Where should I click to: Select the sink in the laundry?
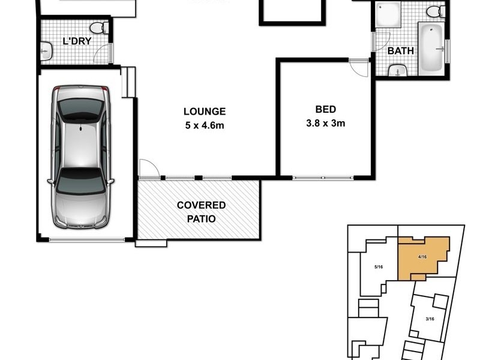pyautogui.click(x=46, y=52)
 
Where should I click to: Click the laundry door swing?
pyautogui.click(x=106, y=53)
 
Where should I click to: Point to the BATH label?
pyautogui.click(x=400, y=50)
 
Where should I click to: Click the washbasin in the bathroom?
pyautogui.click(x=397, y=71)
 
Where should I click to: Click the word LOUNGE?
pyautogui.click(x=205, y=112)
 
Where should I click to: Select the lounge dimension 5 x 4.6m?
pyautogui.click(x=205, y=125)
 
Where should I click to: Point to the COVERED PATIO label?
pyautogui.click(x=201, y=212)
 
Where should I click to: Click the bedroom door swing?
pyautogui.click(x=360, y=67)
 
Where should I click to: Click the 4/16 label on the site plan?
pyautogui.click(x=422, y=257)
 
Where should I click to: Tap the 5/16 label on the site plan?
pyautogui.click(x=379, y=266)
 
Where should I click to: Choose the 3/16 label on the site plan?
pyautogui.click(x=430, y=319)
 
